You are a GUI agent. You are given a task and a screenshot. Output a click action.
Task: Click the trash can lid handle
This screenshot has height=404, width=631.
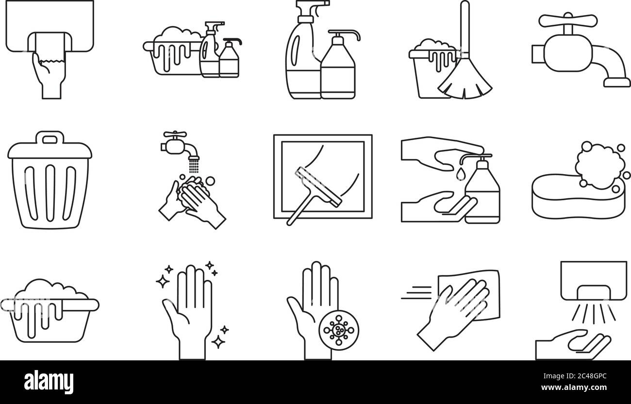click(50, 138)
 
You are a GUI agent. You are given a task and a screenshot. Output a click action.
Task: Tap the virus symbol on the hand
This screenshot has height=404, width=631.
click(339, 330)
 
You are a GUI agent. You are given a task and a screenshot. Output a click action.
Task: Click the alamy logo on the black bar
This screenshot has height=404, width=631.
click(49, 382)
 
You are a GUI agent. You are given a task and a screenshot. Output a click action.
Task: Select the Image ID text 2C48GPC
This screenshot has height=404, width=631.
click(575, 376)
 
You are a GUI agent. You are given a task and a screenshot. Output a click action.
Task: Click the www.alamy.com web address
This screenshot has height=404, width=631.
click(574, 388)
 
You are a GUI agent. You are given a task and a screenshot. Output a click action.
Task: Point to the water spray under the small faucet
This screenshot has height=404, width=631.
click(194, 165)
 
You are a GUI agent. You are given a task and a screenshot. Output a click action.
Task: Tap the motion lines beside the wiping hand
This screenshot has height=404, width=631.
click(416, 293)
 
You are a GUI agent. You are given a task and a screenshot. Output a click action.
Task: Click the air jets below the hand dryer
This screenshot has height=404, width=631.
click(593, 312)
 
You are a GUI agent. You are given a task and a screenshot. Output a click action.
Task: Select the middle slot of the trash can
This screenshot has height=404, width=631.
click(50, 193)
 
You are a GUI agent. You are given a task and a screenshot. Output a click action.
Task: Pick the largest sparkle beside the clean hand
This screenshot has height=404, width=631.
click(163, 281)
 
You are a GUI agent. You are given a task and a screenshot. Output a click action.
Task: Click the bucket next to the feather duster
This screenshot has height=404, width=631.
click(431, 74)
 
